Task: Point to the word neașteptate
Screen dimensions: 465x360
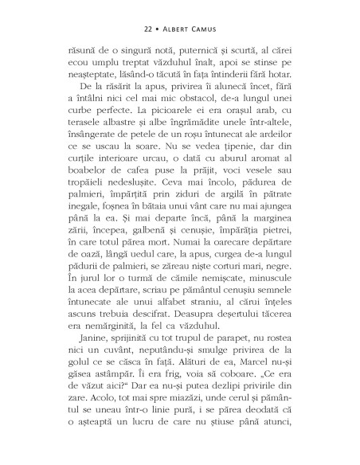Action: [x=85, y=74]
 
